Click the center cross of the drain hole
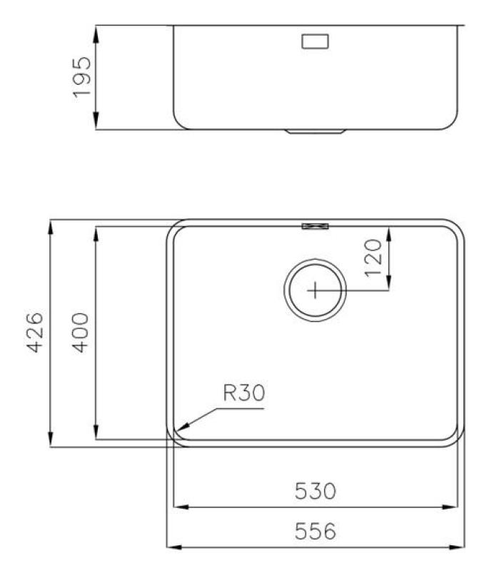pyautogui.click(x=315, y=290)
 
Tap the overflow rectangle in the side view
pyautogui.click(x=314, y=41)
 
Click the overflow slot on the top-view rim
pyautogui.click(x=315, y=226)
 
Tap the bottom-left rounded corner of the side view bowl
pyautogui.click(x=179, y=123)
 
